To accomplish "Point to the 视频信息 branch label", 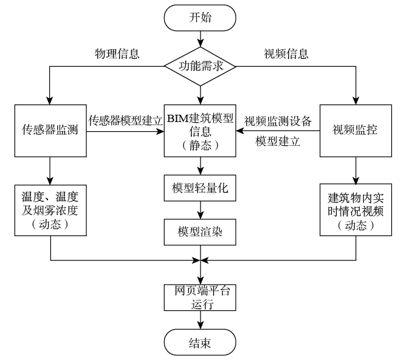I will (285, 53).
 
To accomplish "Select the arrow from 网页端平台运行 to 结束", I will (201, 321).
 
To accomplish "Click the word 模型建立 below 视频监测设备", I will (278, 141).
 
